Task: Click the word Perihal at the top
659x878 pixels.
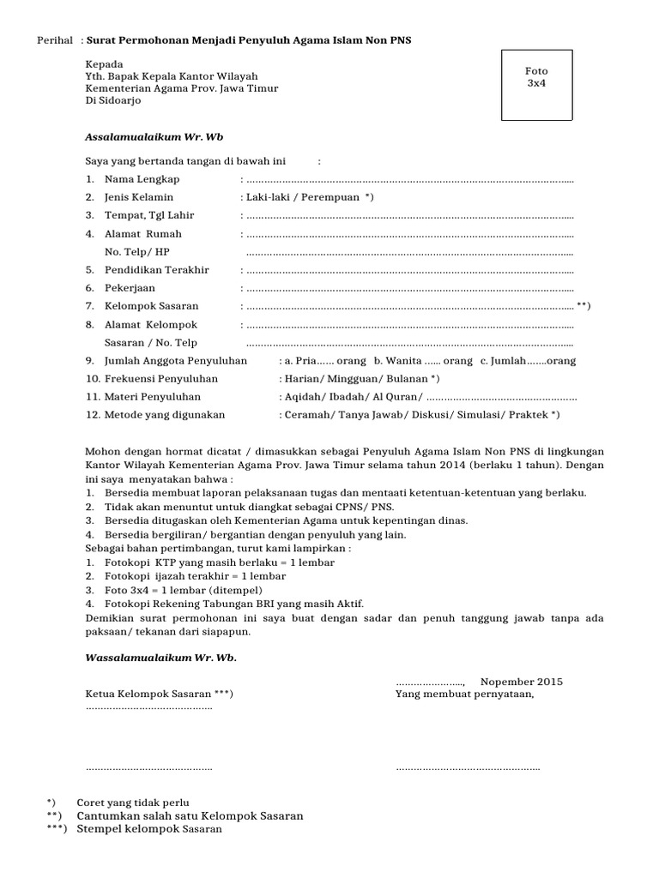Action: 52,40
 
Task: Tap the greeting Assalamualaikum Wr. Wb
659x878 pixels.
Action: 154,136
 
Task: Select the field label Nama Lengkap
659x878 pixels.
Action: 142,180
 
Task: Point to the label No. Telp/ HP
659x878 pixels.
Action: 137,251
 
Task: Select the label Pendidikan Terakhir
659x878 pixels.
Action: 156,270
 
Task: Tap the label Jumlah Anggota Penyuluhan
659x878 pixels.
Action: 175,361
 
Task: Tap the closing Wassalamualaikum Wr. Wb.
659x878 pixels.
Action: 160,658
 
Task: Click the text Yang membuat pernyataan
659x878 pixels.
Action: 464,694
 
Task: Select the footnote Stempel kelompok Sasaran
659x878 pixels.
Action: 149,829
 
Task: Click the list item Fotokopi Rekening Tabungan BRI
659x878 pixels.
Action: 227,604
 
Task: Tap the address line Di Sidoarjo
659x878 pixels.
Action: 114,100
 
